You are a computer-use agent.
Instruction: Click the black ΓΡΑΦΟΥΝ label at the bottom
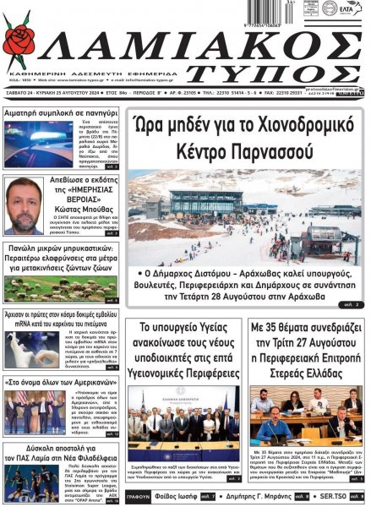(x=138, y=497)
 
